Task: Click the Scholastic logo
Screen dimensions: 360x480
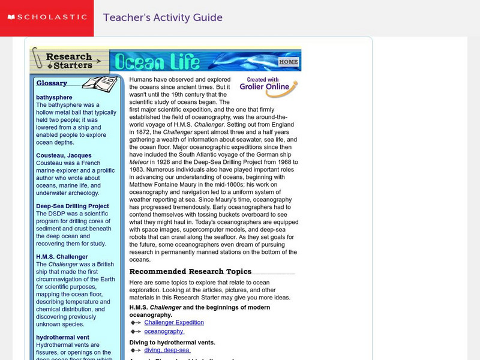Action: [46, 18]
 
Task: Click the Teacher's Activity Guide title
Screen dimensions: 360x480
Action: [163, 18]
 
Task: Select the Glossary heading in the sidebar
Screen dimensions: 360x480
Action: [52, 83]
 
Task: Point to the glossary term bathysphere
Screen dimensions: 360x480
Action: [54, 97]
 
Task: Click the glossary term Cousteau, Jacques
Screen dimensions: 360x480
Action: [63, 155]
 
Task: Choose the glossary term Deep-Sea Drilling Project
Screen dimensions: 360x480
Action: [73, 206]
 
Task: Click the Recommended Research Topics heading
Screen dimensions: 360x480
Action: [190, 271]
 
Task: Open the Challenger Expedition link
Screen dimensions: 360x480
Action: [174, 322]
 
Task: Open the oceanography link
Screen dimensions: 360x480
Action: [164, 331]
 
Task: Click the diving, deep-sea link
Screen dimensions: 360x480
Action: [167, 350]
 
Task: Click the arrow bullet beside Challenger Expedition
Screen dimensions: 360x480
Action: [135, 323]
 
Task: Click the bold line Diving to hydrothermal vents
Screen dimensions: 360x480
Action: [172, 343]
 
